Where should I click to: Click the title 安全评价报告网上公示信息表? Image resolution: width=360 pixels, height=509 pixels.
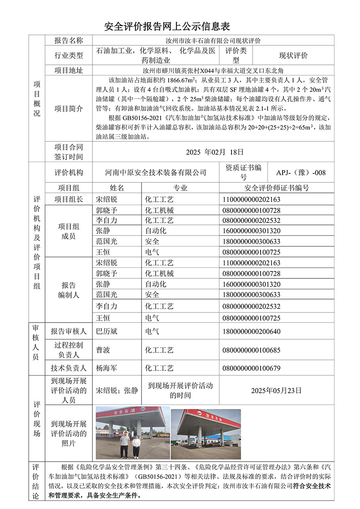coord(167,27)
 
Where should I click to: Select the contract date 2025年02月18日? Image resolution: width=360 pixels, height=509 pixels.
coord(214,152)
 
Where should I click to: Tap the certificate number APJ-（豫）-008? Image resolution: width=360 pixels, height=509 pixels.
coord(301,173)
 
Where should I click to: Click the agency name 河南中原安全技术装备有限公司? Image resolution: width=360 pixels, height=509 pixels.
coord(155,173)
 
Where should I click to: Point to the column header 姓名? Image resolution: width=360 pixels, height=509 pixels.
coord(117,188)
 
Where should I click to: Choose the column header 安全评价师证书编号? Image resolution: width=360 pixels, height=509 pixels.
coord(276,188)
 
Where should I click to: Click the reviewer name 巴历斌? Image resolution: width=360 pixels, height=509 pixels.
coord(107,331)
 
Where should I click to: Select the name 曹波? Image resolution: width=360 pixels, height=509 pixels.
coord(103,350)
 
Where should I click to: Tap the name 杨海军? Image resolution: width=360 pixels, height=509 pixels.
coord(107,368)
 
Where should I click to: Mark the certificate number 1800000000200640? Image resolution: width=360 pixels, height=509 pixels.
coord(251,331)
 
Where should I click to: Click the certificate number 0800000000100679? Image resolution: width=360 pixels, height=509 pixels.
coord(251,368)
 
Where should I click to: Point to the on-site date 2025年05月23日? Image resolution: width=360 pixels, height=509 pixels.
coord(276,391)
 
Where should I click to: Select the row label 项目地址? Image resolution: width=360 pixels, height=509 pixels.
coord(69,71)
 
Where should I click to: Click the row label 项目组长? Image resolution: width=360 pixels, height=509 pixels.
coord(69,199)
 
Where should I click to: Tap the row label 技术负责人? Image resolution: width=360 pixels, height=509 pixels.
coord(69,368)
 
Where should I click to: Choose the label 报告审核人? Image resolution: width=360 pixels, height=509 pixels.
coord(69,331)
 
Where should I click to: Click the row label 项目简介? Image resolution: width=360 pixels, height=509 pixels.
coord(69,109)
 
